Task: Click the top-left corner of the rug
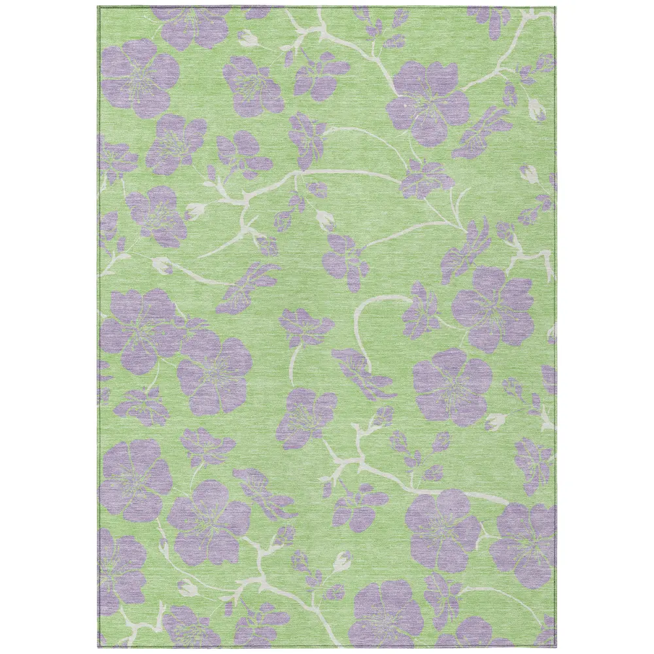99,7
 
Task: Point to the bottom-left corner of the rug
99,647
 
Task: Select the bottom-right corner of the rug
556,647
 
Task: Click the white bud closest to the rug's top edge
248,38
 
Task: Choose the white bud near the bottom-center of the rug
342,561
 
